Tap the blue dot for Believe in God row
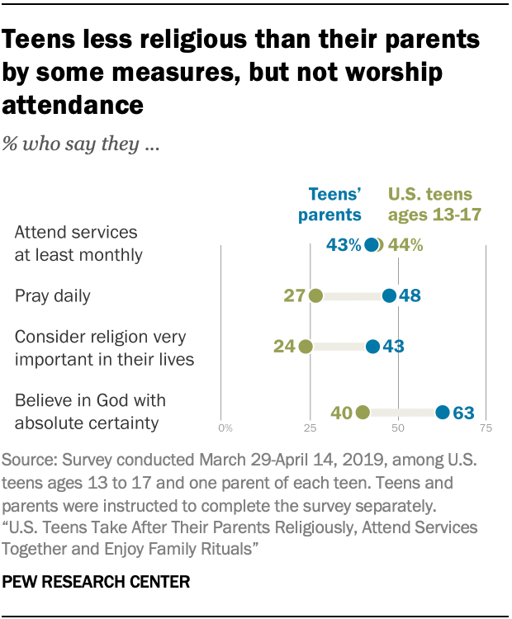click(x=442, y=413)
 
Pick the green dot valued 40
click(x=362, y=413)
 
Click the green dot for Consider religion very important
click(x=306, y=347)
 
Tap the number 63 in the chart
click(x=463, y=413)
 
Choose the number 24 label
click(x=284, y=347)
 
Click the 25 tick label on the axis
click(x=310, y=429)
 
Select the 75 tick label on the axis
click(x=486, y=429)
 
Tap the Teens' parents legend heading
click(x=334, y=205)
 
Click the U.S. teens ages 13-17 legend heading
click(x=430, y=205)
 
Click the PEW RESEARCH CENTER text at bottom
click(x=97, y=582)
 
